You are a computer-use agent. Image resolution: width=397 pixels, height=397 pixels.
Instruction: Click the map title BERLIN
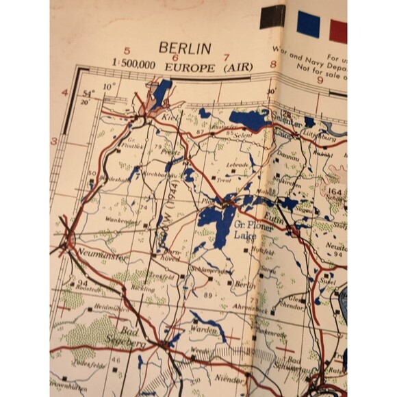click(x=185, y=48)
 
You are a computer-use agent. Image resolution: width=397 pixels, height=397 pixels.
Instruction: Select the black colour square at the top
click(x=272, y=16)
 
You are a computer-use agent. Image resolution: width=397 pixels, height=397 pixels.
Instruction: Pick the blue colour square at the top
click(x=308, y=24)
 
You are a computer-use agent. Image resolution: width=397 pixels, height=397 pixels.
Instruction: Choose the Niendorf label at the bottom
click(x=229, y=379)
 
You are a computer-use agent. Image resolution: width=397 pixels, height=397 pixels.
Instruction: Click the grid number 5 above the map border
click(x=127, y=51)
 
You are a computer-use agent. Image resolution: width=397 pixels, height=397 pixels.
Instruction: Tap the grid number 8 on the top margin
click(x=273, y=66)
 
